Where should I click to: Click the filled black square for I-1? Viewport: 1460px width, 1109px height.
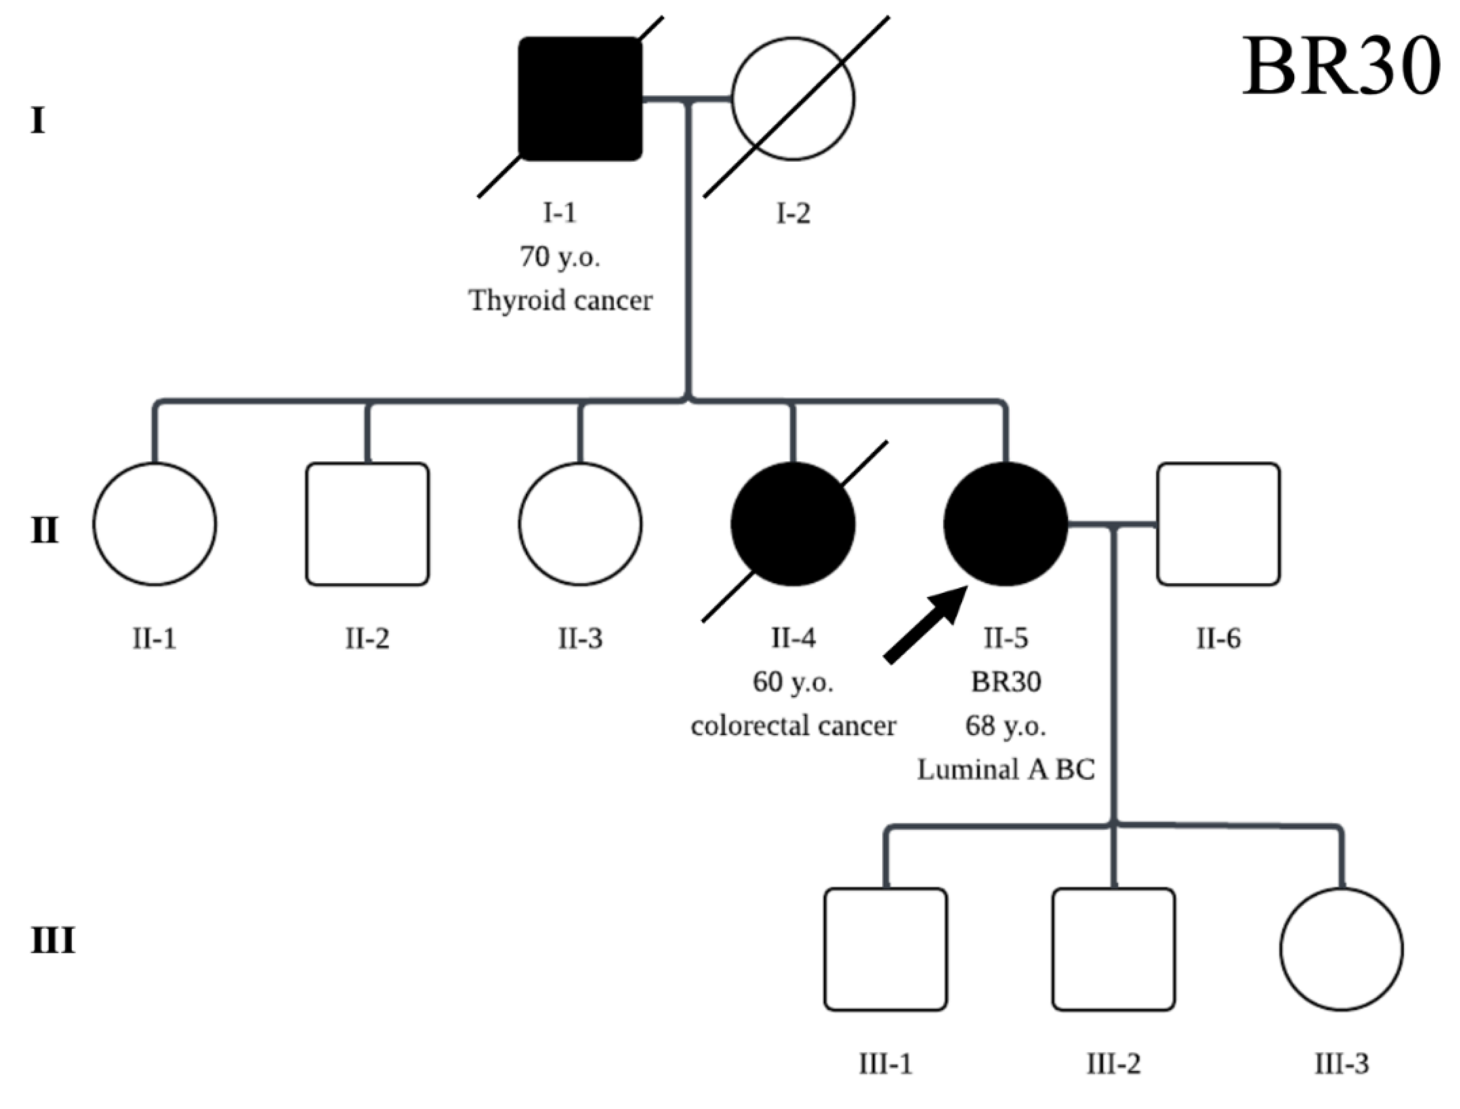coord(580,99)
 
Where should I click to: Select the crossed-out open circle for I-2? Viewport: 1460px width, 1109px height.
coord(793,99)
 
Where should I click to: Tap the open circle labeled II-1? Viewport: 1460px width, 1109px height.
coord(154,524)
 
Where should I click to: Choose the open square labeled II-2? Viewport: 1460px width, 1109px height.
coord(367,524)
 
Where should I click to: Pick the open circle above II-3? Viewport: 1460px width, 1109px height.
coord(580,524)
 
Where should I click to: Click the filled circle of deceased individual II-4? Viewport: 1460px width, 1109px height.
coord(793,524)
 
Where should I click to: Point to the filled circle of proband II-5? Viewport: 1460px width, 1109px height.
coord(1005,524)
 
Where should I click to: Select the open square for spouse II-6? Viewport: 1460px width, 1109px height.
coord(1218,524)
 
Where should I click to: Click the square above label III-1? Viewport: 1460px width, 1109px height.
coord(885,949)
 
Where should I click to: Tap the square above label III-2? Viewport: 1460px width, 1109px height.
coord(1113,949)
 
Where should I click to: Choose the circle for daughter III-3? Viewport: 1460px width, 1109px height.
coord(1341,949)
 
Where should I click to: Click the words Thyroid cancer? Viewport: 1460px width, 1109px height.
coord(560,301)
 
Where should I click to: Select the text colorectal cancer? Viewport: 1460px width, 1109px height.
coord(793,726)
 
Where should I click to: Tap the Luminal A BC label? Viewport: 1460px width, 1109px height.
coord(1005,769)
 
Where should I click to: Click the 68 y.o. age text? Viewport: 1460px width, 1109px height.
coord(1005,726)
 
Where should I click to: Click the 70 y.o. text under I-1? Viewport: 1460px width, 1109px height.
coord(560,257)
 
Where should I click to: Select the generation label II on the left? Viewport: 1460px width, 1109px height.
coord(44,531)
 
